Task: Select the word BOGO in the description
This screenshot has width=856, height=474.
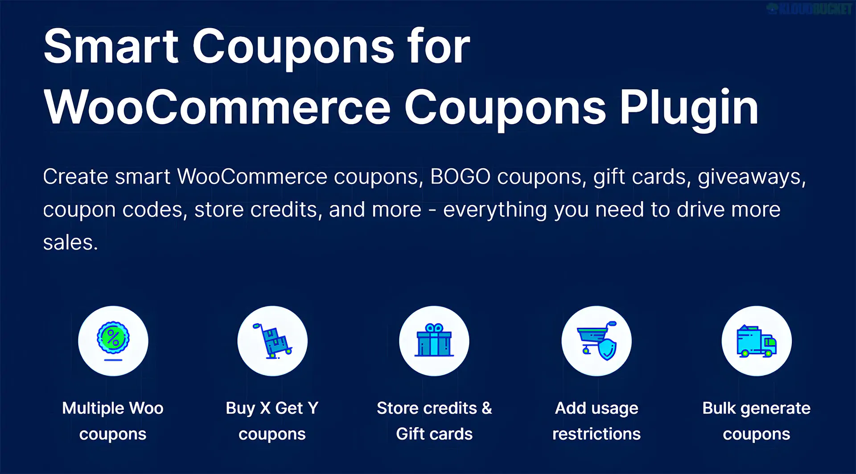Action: point(460,177)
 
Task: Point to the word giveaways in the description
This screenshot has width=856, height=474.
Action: point(752,177)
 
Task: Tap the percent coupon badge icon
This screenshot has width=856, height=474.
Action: point(113,340)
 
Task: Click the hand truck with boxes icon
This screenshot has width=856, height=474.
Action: point(272,340)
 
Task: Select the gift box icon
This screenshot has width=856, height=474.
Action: point(434,340)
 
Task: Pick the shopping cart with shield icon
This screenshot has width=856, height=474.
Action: point(597,341)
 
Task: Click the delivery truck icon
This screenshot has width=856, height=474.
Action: point(757,341)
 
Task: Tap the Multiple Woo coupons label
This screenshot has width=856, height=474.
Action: point(113,421)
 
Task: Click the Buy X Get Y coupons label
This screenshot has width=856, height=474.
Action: point(272,421)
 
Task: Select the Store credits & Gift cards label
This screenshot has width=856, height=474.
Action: point(434,421)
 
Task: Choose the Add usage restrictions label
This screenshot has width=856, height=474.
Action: point(597,421)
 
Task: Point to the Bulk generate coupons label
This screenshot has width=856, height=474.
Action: point(757,421)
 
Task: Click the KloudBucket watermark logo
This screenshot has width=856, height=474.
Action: point(809,9)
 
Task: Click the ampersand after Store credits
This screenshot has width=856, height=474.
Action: point(487,408)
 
